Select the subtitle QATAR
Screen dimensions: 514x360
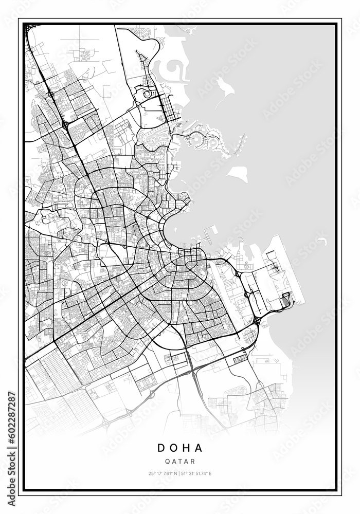180,462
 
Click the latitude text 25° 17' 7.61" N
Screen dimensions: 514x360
163,473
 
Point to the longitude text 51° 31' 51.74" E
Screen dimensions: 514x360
197,473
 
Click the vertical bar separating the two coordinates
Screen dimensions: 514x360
179,473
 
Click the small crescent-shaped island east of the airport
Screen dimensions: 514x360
322,240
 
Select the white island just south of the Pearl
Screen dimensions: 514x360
238,174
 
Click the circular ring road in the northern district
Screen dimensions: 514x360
148,94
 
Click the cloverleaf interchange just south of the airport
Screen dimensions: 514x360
257,321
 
